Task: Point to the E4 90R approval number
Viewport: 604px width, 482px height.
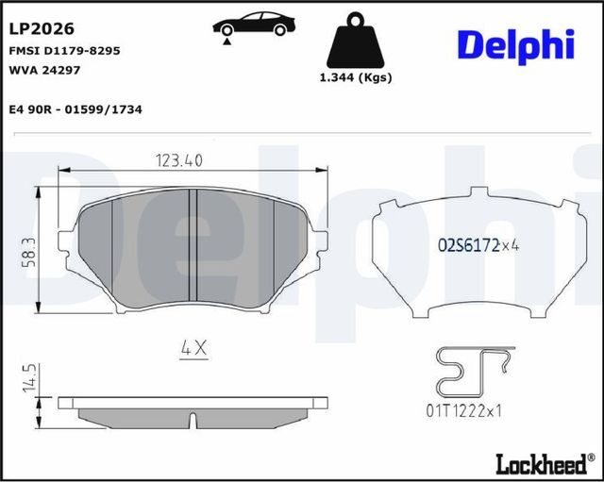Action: tap(75, 109)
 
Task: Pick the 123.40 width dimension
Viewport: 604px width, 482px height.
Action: tap(178, 160)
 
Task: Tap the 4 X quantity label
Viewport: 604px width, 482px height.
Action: tap(193, 349)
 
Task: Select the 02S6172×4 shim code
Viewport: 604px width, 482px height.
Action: tap(479, 246)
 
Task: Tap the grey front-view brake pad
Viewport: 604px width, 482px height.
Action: tap(151, 250)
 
